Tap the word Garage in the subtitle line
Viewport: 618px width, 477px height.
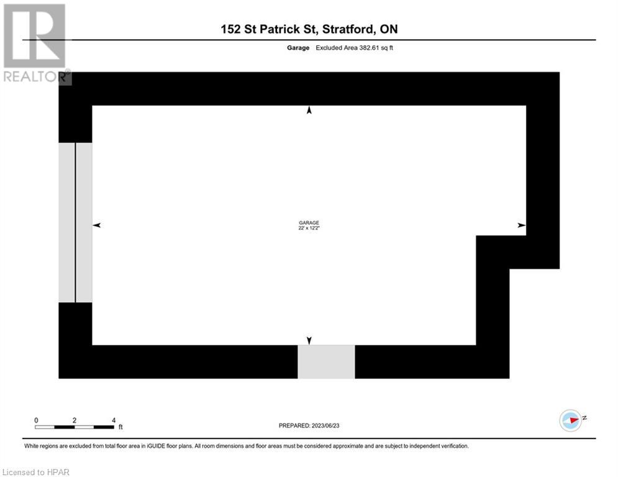click(x=298, y=48)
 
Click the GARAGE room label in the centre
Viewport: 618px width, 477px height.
click(x=309, y=223)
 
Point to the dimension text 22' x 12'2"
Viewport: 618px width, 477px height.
click(x=309, y=229)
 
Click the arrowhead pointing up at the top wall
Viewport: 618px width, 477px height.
click(x=309, y=111)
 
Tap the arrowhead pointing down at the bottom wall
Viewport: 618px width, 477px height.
click(x=309, y=340)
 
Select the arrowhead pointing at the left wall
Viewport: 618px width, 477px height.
click(x=96, y=225)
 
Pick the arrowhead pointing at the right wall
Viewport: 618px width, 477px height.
click(x=522, y=225)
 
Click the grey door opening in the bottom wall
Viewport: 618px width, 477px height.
click(x=326, y=361)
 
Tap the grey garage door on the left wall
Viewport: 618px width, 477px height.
click(x=75, y=222)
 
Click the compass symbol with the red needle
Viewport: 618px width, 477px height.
click(x=570, y=420)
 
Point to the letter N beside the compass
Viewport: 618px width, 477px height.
click(x=585, y=418)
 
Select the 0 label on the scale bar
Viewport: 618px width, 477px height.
click(x=36, y=420)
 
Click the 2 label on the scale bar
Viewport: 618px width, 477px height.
click(x=75, y=420)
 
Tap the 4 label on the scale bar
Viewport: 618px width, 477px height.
click(x=114, y=420)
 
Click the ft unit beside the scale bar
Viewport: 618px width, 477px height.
click(x=120, y=427)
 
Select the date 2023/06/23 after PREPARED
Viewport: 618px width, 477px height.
click(x=333, y=425)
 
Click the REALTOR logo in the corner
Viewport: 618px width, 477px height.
click(x=35, y=43)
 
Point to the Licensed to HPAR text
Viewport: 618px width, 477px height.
click(x=36, y=472)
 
